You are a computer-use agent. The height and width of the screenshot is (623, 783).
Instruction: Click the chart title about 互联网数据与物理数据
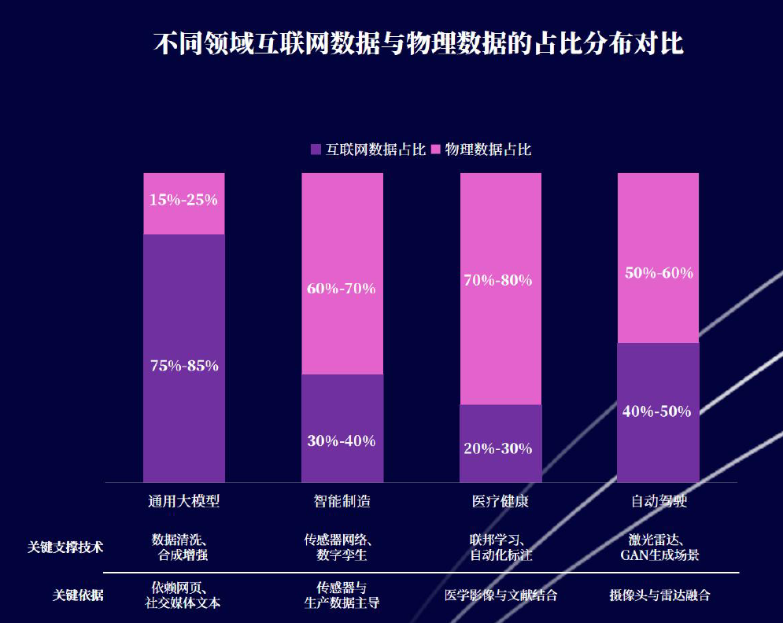418,44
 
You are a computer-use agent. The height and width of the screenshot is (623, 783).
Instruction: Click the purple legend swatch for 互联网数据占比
316,149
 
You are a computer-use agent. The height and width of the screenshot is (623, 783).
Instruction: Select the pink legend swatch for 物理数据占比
436,149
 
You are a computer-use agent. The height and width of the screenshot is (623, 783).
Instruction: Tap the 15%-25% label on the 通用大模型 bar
183,200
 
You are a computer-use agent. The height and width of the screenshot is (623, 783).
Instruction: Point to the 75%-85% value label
184,366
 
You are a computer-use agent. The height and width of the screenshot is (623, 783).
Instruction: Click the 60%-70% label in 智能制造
342,289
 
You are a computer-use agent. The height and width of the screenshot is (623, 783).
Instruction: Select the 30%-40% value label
342,441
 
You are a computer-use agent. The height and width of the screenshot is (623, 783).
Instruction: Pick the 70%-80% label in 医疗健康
498,280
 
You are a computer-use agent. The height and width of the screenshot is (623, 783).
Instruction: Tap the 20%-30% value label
498,449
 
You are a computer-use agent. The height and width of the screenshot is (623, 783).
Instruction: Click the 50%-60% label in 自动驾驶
659,274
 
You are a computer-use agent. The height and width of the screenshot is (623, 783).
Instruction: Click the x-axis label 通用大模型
183,501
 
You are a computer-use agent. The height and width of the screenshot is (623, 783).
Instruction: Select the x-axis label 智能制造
342,501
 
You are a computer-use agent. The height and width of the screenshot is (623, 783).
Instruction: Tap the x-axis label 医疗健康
500,501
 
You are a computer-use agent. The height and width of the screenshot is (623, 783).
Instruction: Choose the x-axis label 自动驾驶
659,501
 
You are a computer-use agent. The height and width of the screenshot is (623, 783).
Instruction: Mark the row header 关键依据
78,595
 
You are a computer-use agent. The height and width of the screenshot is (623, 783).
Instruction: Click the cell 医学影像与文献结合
500,595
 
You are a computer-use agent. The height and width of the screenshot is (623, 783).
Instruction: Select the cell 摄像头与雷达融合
659,595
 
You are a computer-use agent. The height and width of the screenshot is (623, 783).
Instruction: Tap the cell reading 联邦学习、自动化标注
500,547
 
